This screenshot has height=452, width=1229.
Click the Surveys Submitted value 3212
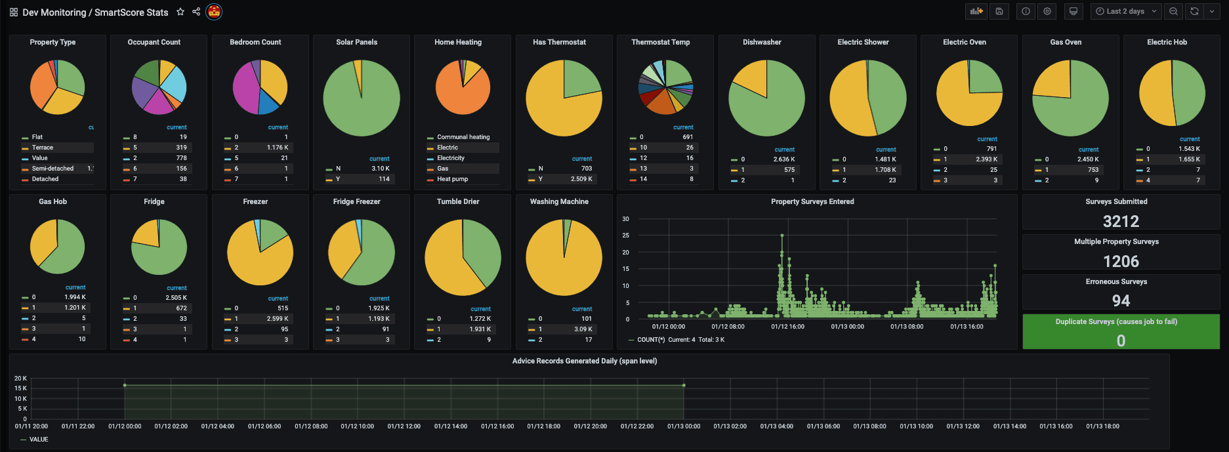tap(1121, 221)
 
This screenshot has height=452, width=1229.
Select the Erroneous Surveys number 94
tap(1121, 300)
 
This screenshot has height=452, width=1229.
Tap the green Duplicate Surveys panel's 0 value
tap(1121, 340)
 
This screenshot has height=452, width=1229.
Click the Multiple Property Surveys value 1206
tap(1121, 261)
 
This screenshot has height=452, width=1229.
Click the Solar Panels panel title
tap(356, 42)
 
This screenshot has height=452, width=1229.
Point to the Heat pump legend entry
tap(452, 179)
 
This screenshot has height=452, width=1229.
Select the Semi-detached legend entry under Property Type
tap(52, 169)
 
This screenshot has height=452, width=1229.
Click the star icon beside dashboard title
tap(180, 12)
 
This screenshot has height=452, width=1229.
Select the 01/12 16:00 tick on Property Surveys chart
tap(787, 327)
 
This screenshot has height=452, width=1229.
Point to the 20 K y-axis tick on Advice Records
tap(20, 379)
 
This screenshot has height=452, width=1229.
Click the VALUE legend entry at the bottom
tap(39, 440)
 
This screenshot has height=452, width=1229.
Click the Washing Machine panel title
tap(559, 201)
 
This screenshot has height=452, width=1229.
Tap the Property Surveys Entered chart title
tap(812, 201)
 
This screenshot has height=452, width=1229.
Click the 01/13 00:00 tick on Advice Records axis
tap(684, 426)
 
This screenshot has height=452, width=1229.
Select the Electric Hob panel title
tap(1167, 42)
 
